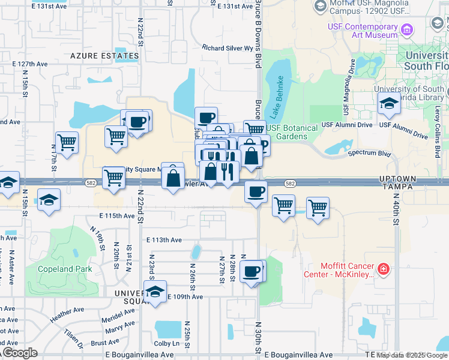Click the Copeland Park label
click(x=65, y=269)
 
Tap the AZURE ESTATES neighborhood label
click(x=104, y=56)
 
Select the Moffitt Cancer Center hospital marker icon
click(x=384, y=269)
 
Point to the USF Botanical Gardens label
click(x=292, y=132)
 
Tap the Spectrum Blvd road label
click(x=370, y=154)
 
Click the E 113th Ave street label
click(x=164, y=240)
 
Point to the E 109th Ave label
click(x=185, y=297)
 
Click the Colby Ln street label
click(x=167, y=344)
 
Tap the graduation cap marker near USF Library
click(x=389, y=105)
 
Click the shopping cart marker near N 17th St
click(x=67, y=143)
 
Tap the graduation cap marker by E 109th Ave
click(x=155, y=292)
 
